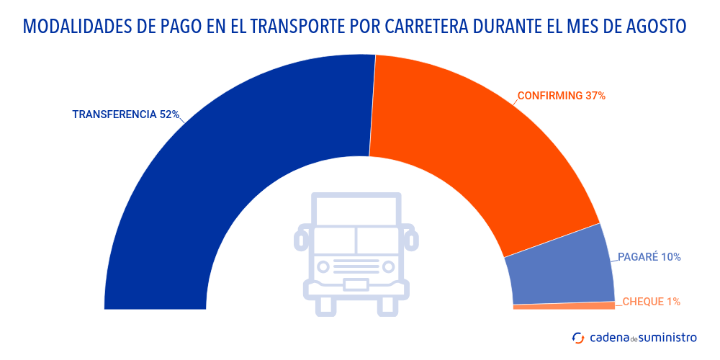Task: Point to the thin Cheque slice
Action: click(x=564, y=306)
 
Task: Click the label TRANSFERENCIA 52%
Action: click(x=125, y=114)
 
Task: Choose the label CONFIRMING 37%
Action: click(x=562, y=95)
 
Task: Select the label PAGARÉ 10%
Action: click(x=649, y=257)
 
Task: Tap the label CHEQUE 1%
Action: click(x=651, y=302)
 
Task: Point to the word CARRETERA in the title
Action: click(x=425, y=27)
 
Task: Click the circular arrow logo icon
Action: click(x=578, y=337)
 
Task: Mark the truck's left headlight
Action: click(x=324, y=266)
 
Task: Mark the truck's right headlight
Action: click(x=389, y=266)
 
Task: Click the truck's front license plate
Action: click(x=356, y=284)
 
